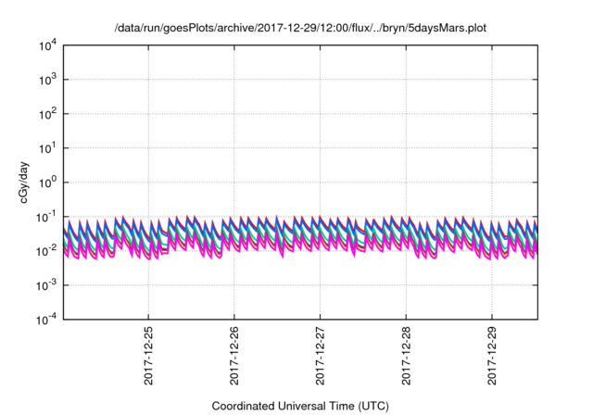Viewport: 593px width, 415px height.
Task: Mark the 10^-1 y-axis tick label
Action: coord(49,216)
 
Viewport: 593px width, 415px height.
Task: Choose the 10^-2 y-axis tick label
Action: coord(49,250)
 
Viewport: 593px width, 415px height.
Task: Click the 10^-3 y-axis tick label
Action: coord(49,284)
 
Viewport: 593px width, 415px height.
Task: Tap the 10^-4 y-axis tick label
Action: coord(49,318)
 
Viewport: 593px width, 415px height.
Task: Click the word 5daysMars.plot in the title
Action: coord(447,28)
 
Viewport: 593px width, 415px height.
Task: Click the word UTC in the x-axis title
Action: coord(372,407)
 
